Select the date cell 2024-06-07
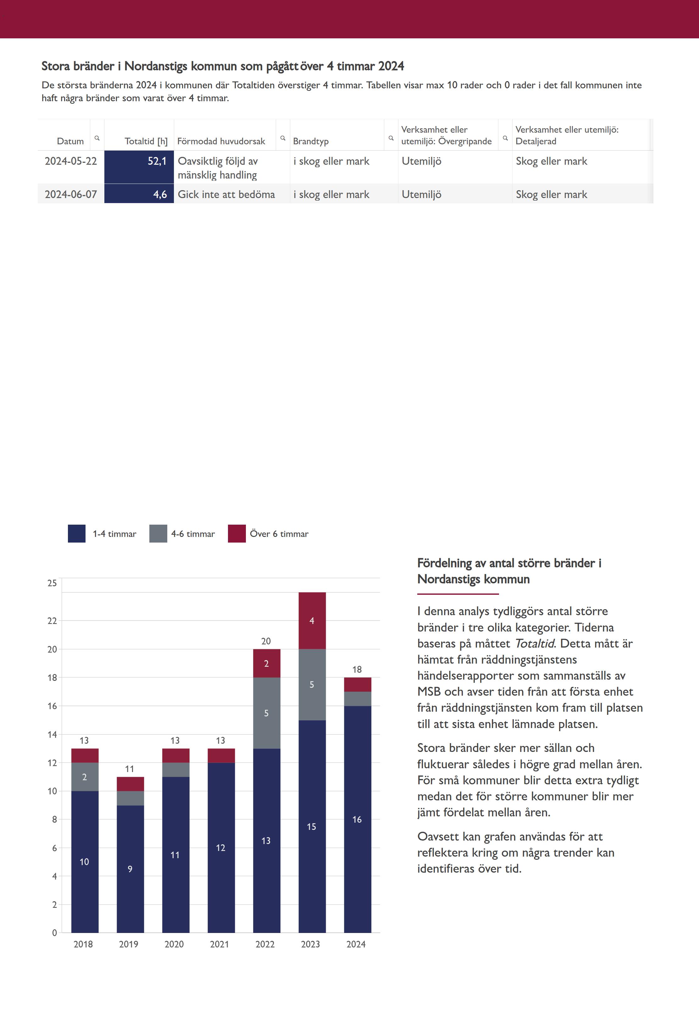click(71, 194)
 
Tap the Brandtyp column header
click(311, 141)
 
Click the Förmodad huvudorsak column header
click(221, 141)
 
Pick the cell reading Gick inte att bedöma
click(226, 194)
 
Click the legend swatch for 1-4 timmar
click(77, 534)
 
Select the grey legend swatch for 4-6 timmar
click(158, 534)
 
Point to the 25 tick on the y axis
click(52, 583)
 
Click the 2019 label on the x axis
click(129, 944)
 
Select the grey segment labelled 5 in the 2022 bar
click(266, 713)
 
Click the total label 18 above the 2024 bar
click(357, 669)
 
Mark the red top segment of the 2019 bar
click(130, 784)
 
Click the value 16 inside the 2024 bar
click(357, 820)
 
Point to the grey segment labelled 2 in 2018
click(85, 777)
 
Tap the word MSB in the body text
click(429, 692)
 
